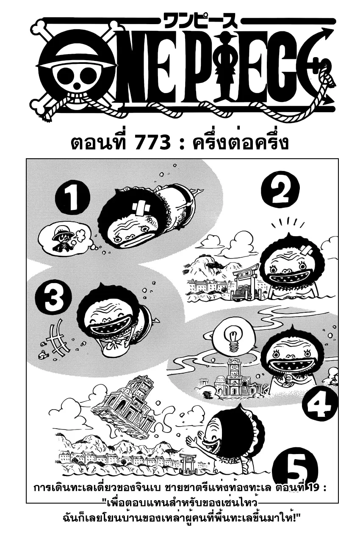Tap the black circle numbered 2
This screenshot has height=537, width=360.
click(280, 189)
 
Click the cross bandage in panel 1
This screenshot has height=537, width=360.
click(141, 209)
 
